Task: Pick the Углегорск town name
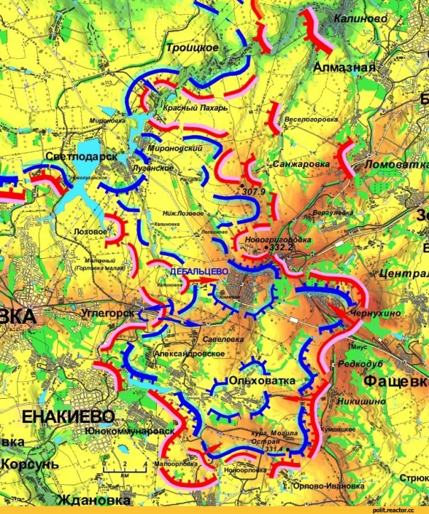pyautogui.click(x=109, y=312)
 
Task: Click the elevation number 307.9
pyautogui.click(x=253, y=192)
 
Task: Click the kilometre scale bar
pyautogui.click(x=125, y=464)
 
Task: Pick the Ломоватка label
pyautogui.click(x=393, y=164)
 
